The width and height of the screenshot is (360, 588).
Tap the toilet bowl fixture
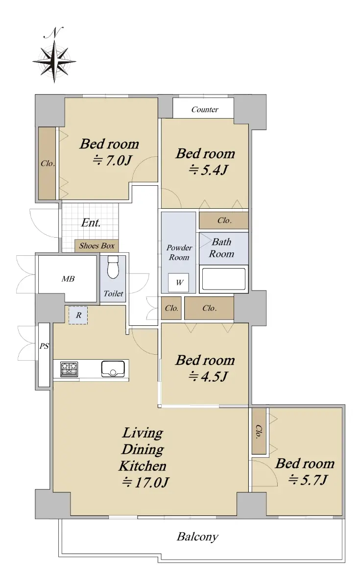click(113, 267)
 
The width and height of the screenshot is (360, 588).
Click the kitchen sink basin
click(113, 369)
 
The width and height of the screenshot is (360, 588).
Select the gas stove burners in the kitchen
click(69, 369)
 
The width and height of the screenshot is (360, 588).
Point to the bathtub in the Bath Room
click(223, 279)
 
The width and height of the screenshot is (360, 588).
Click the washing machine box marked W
click(178, 282)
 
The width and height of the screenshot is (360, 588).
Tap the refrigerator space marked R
click(78, 315)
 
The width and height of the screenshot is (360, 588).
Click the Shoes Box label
click(97, 245)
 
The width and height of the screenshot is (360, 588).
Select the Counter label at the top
click(205, 109)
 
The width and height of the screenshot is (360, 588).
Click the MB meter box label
click(68, 279)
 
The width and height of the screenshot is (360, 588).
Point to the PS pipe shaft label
click(44, 346)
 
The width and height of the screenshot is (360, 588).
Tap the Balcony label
click(197, 537)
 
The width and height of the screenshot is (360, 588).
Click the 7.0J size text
click(112, 161)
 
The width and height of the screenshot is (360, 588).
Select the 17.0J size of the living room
click(145, 483)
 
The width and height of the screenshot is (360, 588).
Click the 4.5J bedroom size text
click(208, 377)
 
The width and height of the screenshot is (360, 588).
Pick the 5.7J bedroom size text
click(308, 480)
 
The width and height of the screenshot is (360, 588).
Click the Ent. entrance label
click(91, 223)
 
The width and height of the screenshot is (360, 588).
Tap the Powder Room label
click(179, 252)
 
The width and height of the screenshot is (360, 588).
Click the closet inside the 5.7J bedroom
click(259, 431)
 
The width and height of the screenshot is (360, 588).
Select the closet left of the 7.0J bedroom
click(47, 163)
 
